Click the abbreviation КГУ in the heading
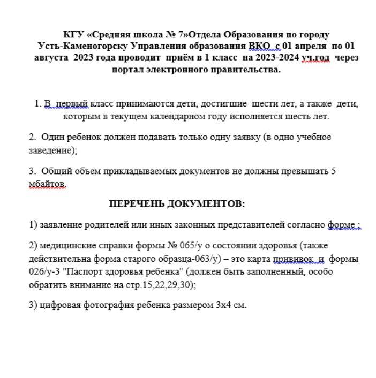(73, 34)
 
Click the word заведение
(51, 150)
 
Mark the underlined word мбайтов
(48, 184)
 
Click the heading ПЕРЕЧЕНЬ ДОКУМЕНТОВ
(177, 204)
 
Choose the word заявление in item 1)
(61, 225)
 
